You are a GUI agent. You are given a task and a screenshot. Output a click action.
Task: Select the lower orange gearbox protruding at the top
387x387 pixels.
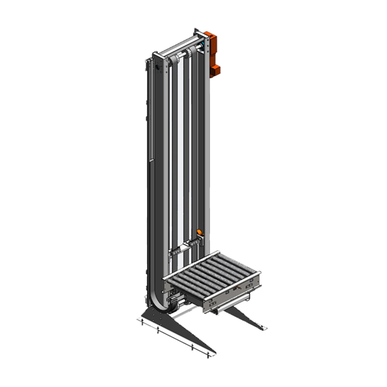pyautogui.click(x=215, y=70)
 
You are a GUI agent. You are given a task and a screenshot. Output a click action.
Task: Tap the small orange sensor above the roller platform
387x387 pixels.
pyautogui.click(x=199, y=232)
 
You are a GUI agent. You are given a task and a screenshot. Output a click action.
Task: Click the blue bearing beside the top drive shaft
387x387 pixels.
pyautogui.click(x=201, y=48)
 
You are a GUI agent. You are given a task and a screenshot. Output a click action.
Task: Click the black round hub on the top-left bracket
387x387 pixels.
pyautogui.click(x=158, y=67)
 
